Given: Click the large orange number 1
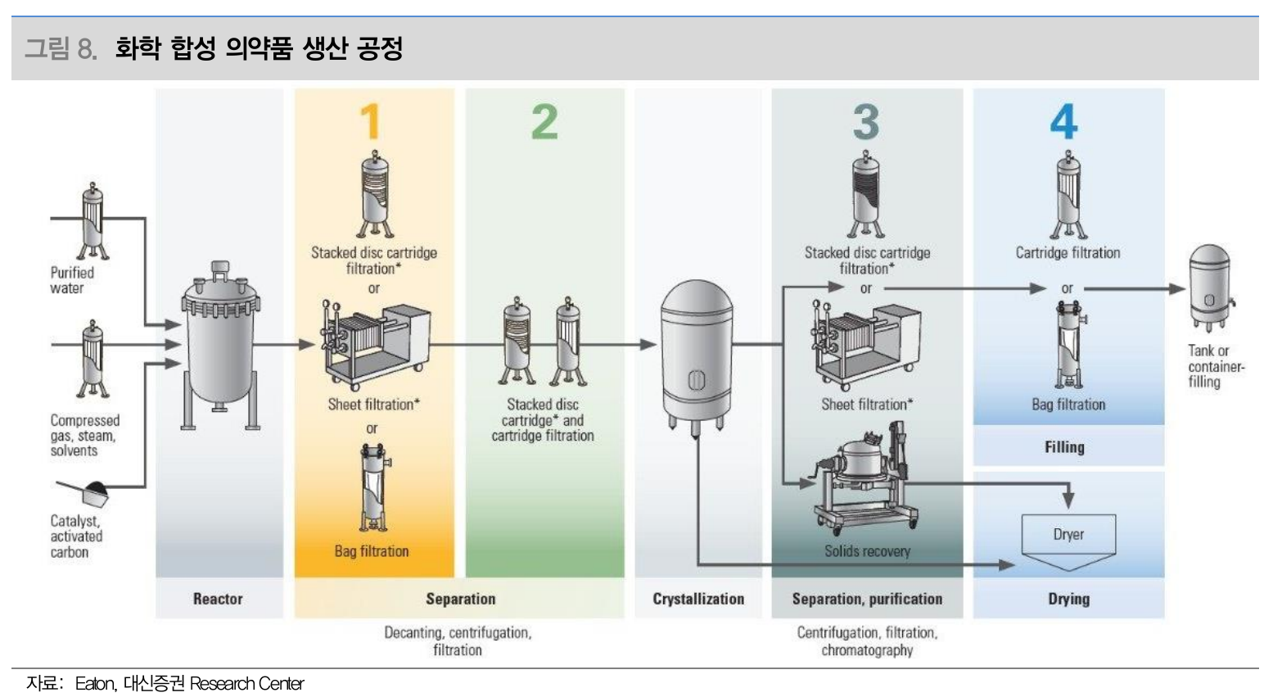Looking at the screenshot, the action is (371, 121).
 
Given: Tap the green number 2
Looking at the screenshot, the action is (544, 121).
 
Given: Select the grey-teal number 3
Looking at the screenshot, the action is (866, 122).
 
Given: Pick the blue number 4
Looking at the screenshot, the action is (1064, 121).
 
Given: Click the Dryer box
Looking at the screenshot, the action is (1068, 535).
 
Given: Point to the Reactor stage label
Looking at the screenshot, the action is (218, 599).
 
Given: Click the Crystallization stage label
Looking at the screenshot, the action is (698, 599).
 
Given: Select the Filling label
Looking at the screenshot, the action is (1064, 447).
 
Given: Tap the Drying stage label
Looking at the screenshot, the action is (1069, 599).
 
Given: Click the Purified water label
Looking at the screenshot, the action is (72, 280).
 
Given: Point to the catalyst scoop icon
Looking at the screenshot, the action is (85, 492).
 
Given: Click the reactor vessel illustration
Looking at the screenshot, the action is (220, 346).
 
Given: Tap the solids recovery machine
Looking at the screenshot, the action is (865, 477).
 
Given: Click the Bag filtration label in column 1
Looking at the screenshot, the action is (372, 551).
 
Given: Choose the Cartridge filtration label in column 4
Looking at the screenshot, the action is (1068, 252).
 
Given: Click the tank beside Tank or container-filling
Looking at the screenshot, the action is (1211, 288).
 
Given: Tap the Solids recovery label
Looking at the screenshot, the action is (867, 551).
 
